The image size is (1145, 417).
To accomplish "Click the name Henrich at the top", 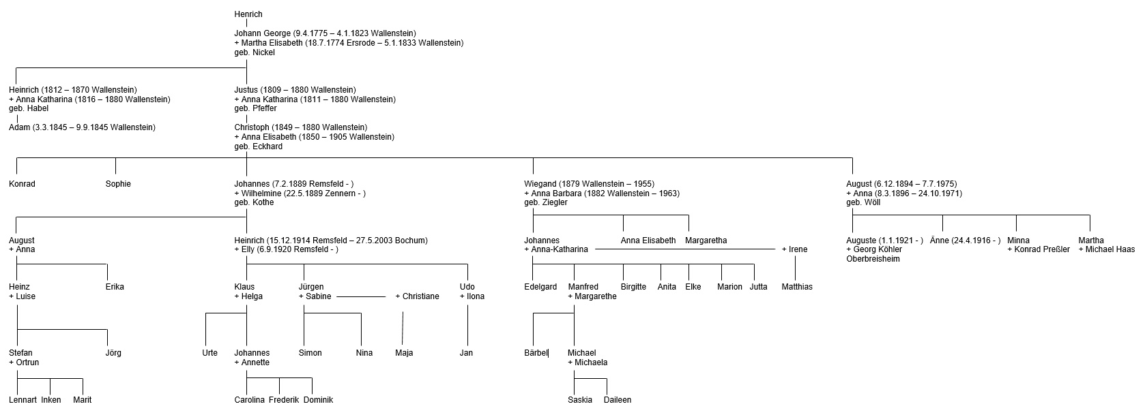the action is coord(248,14).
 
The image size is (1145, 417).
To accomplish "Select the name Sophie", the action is coord(118,184).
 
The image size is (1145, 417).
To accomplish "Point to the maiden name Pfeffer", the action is coord(264,108).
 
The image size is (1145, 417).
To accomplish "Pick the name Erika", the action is coord(115,287).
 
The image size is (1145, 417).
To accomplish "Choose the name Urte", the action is coord(209,353).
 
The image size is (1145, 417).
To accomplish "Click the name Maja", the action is coord(404,353).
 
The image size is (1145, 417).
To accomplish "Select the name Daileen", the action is coord(618,400).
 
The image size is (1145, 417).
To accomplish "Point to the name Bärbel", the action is coord(536,353).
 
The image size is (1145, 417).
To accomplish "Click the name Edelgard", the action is coord(540,287).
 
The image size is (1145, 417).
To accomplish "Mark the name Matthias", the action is coord(797,287).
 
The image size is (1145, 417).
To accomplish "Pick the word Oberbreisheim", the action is coord(873,259).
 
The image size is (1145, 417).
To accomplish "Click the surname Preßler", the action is coord(1056,249).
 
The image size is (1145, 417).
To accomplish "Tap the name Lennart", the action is coord(23,400).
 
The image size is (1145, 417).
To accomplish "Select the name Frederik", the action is coord(284,400).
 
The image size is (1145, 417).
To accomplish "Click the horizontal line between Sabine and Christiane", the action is coord(361,296).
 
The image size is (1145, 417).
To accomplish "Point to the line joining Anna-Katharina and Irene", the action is coord(685,249).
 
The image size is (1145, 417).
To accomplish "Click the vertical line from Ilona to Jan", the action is coord(467,324).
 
